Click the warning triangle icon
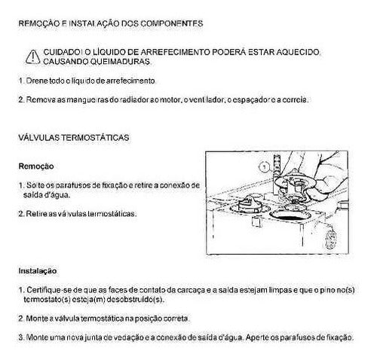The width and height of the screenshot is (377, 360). [x=32, y=56]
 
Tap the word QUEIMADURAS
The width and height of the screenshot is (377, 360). [x=120, y=62]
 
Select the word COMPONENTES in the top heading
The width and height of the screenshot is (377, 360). [x=172, y=23]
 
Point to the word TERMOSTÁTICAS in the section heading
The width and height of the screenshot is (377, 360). [x=95, y=138]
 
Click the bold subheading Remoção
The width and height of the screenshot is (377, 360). [x=36, y=166]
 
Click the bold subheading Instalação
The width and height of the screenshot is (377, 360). [x=38, y=271]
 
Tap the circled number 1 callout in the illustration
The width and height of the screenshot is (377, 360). [x=264, y=166]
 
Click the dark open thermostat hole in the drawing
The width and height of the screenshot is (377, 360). [x=290, y=215]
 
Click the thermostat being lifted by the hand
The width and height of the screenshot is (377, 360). [x=295, y=185]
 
